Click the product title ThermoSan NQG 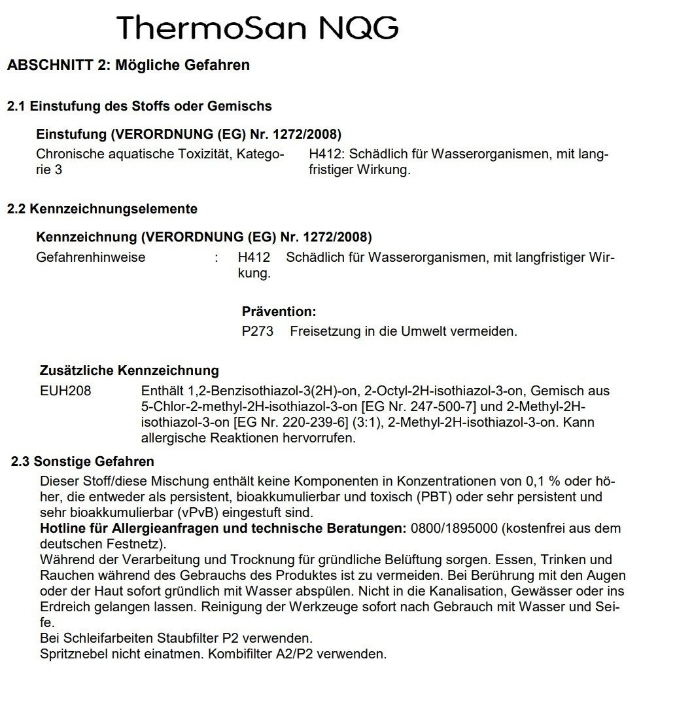point(258,27)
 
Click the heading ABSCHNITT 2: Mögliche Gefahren point(128,65)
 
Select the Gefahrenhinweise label point(91,257)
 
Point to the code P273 point(257,331)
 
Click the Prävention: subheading point(279,312)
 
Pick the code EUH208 point(65,391)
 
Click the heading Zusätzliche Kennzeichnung point(130,371)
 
